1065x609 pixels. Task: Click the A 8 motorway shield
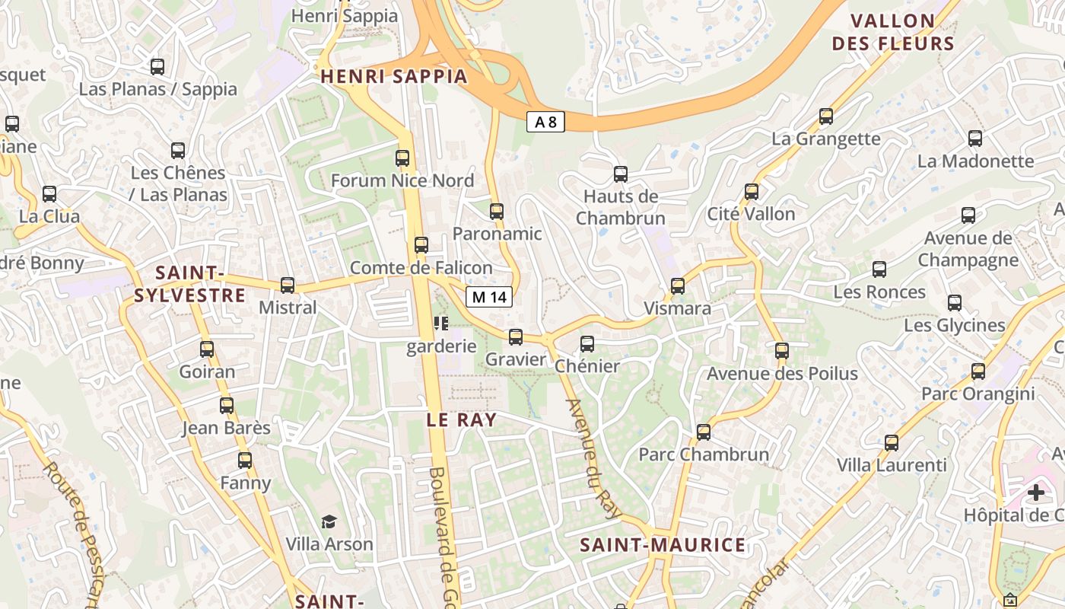click(545, 121)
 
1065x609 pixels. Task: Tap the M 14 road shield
click(488, 297)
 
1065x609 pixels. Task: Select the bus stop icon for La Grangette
click(826, 116)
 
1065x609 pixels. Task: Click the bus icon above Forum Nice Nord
click(402, 158)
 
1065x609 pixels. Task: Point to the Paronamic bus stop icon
click(497, 211)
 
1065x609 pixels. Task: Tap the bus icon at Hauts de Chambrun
click(621, 174)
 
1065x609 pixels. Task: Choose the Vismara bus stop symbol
click(678, 286)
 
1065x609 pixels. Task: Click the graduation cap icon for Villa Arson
click(329, 521)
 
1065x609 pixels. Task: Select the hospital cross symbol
click(1035, 493)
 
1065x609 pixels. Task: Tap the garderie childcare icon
click(441, 324)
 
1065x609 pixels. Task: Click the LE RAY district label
click(461, 419)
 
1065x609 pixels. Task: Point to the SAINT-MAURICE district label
click(663, 545)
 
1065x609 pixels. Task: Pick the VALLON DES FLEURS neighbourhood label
click(893, 32)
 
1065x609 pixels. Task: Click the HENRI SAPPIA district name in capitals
click(393, 76)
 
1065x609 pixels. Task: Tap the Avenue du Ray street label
click(594, 459)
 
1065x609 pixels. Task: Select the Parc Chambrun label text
click(704, 454)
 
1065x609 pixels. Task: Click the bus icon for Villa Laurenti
click(892, 442)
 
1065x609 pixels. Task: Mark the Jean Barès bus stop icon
click(227, 405)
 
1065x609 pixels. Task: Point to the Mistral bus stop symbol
click(288, 285)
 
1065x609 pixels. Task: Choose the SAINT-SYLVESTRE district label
click(189, 284)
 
